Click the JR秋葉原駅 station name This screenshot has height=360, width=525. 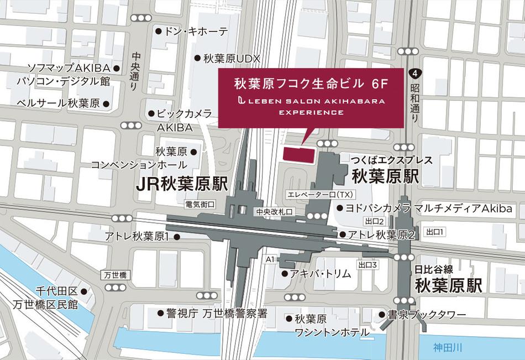point(182,185)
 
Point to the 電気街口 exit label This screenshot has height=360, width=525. point(200,204)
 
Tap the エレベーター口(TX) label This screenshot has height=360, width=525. point(319,194)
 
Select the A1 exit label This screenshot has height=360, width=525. point(270,259)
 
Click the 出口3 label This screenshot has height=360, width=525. point(367,265)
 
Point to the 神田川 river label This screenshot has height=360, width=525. point(447,348)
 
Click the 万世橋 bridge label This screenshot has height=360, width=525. point(115,275)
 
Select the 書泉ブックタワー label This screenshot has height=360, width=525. point(427,315)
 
